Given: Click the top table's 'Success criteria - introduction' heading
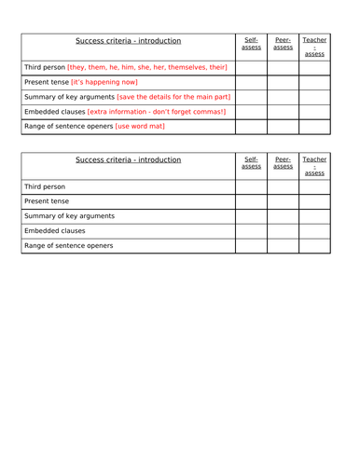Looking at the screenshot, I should click(129, 41).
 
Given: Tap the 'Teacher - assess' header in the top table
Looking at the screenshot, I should click(314, 47).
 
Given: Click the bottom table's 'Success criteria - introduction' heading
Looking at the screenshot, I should click(129, 160).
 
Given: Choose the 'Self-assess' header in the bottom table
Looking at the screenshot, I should click(251, 163).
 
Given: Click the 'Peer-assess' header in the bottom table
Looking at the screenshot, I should click(283, 163).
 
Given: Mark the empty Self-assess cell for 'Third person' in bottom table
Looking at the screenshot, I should click(251, 186).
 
